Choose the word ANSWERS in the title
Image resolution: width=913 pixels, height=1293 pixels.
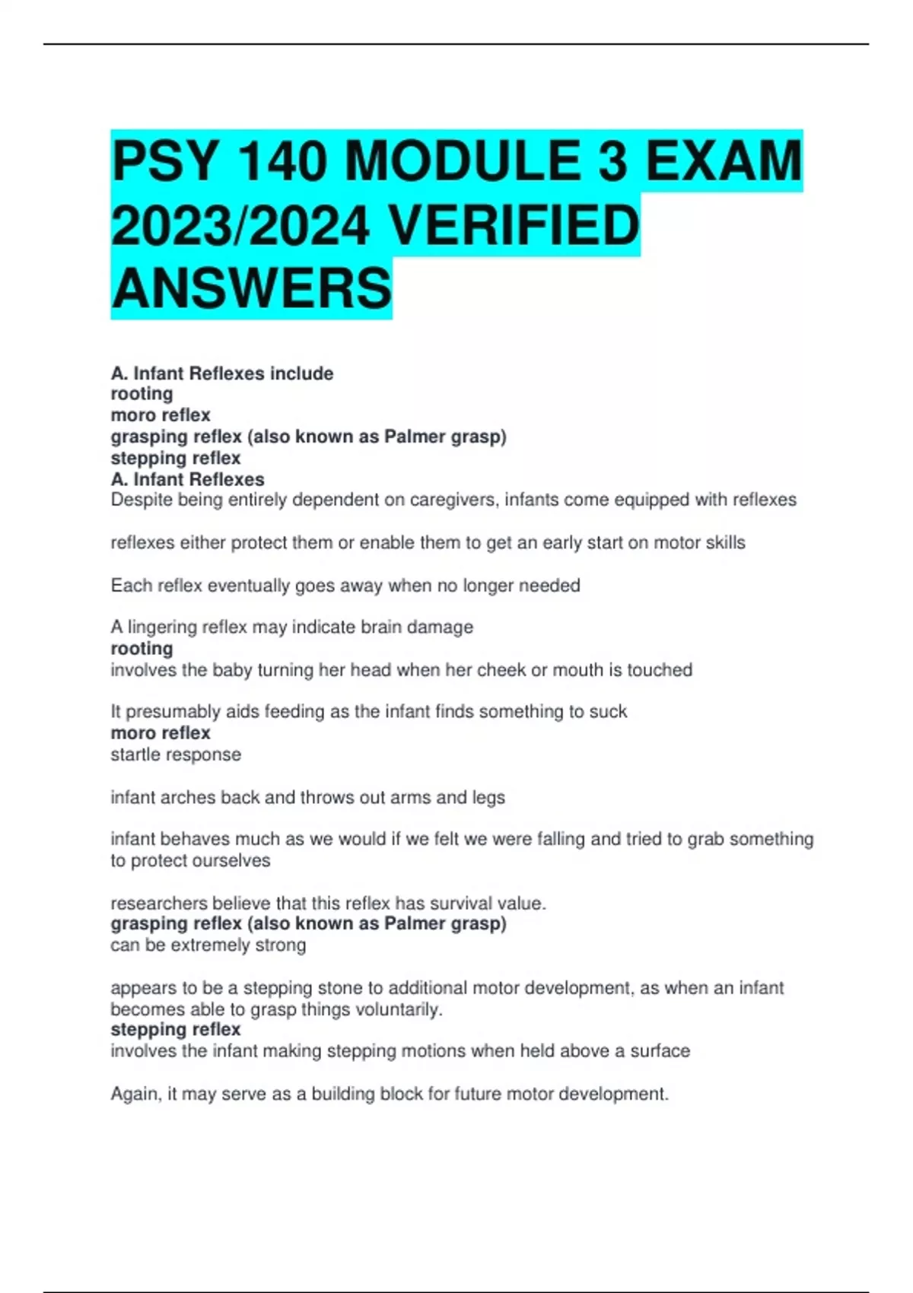click(251, 289)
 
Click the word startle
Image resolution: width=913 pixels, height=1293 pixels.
click(134, 755)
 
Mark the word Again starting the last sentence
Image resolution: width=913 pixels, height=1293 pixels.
click(135, 1094)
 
